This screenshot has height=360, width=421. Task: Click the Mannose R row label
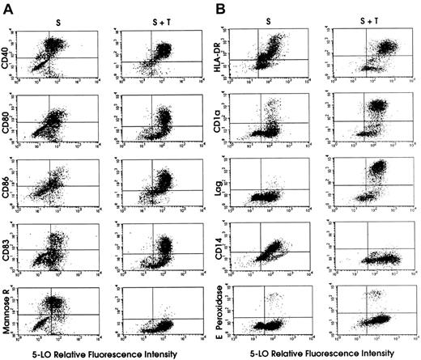click(8, 307)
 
